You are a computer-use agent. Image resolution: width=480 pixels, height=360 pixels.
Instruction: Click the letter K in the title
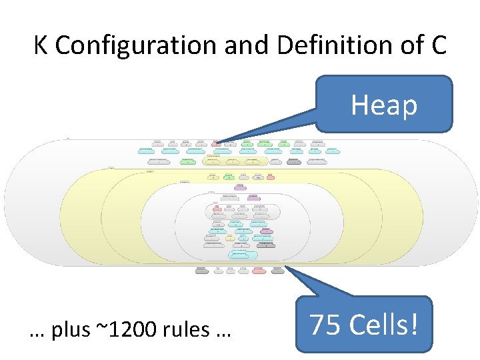[41, 45]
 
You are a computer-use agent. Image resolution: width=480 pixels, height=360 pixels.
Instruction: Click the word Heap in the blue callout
[384, 105]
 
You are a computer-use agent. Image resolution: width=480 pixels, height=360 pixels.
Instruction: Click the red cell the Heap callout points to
[216, 143]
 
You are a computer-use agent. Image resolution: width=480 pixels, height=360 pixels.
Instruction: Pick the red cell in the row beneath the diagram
[259, 271]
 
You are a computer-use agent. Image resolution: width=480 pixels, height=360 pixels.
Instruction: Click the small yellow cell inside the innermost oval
[230, 237]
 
